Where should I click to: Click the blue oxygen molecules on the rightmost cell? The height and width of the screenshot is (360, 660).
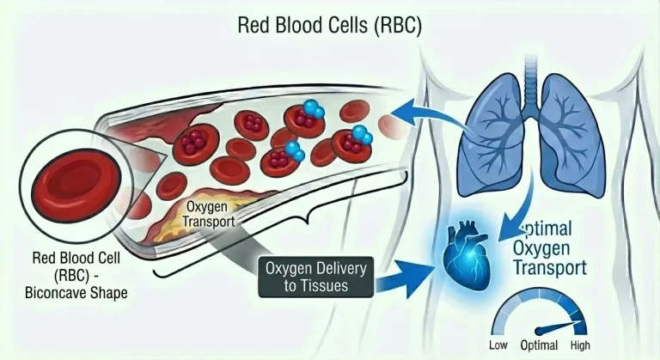pos(362,135)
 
